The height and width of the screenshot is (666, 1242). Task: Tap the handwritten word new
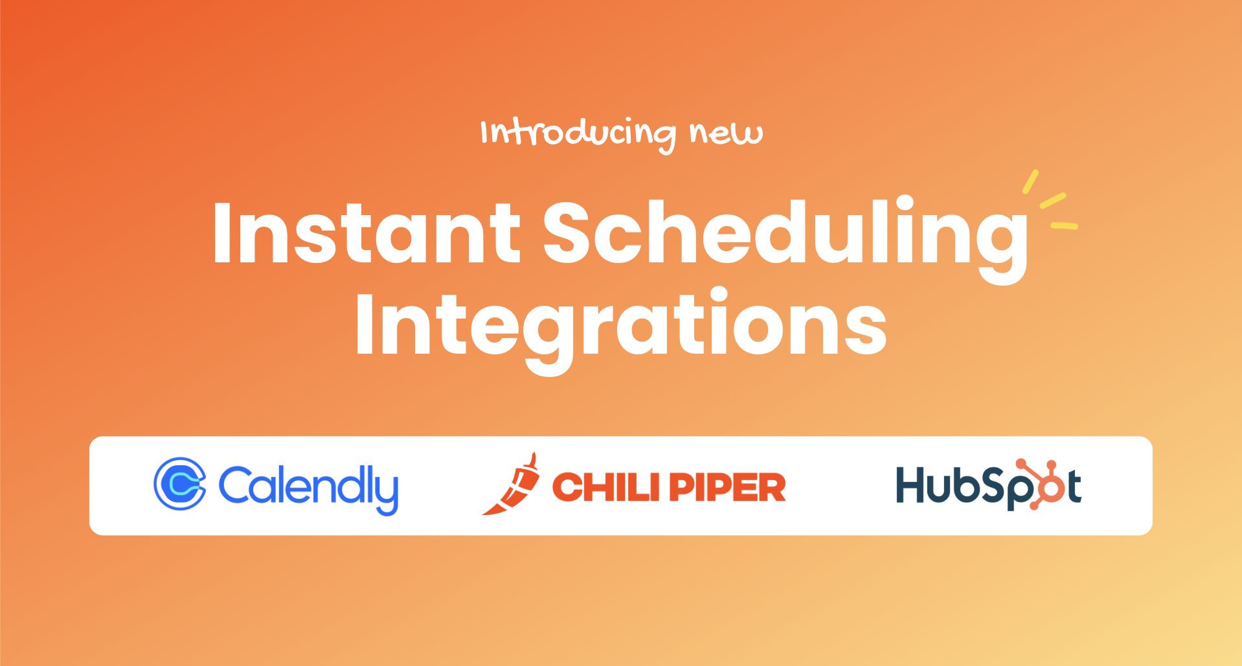click(726, 132)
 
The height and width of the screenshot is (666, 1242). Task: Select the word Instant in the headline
click(367, 233)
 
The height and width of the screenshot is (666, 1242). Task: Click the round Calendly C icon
click(180, 484)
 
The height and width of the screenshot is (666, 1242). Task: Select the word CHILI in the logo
click(605, 487)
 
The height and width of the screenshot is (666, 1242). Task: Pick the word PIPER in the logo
click(728, 487)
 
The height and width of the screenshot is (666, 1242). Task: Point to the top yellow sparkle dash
click(1030, 181)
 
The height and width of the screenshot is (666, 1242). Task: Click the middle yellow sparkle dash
click(1053, 200)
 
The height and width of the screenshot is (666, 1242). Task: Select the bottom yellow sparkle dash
click(1064, 226)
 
